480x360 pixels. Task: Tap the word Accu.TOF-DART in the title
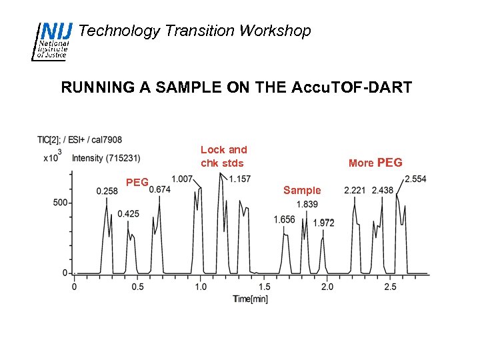351,87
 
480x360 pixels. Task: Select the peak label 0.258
107,191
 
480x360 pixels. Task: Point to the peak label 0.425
128,214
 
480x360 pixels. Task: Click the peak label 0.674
160,189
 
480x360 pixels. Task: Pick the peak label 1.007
182,179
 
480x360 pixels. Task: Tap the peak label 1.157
240,179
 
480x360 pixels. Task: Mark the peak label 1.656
284,219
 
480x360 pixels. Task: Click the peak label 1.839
307,204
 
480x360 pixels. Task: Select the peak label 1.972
324,223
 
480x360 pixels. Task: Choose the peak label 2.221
355,191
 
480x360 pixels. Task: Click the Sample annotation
302,191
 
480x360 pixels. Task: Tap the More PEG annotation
375,162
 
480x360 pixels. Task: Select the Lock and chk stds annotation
223,157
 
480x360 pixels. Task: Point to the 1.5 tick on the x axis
264,287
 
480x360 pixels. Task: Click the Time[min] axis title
251,299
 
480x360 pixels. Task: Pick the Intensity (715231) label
105,158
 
